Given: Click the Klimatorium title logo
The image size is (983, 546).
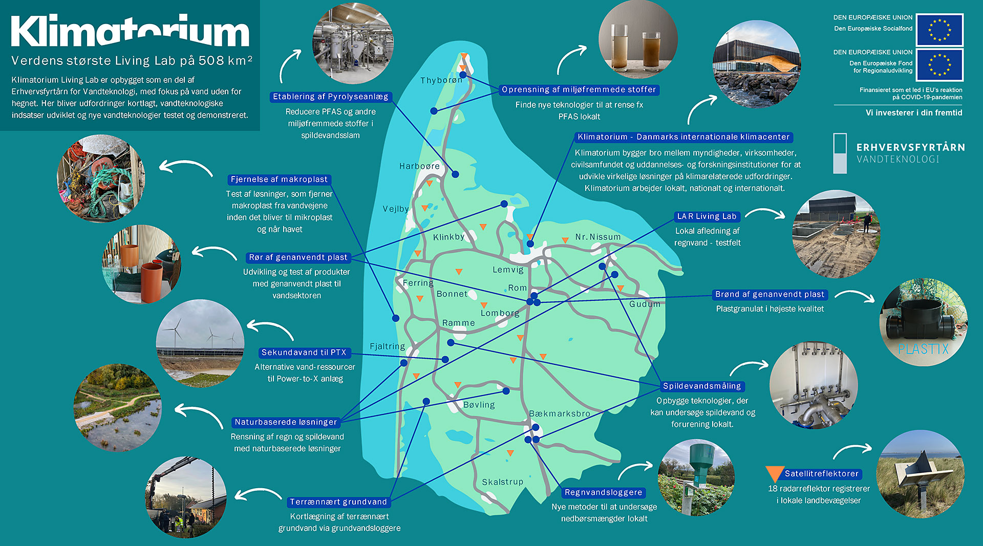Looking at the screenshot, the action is [x=130, y=31].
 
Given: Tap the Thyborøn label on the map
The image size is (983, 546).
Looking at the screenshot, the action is [x=441, y=80].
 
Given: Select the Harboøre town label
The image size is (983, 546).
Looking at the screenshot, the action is [x=419, y=166].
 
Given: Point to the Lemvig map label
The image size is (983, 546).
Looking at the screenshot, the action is [x=508, y=270].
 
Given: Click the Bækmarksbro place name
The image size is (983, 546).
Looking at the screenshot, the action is [x=560, y=413].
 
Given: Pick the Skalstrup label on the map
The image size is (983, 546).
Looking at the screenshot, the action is [x=502, y=482].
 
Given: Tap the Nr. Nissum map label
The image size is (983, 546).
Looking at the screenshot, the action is [x=597, y=237].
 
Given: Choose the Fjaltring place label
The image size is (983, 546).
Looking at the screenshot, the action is [x=387, y=346].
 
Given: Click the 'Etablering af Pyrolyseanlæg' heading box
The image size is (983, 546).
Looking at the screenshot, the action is [x=331, y=97].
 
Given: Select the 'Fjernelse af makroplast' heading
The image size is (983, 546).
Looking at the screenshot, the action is [x=279, y=180].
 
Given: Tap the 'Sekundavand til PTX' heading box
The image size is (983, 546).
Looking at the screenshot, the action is [x=304, y=353].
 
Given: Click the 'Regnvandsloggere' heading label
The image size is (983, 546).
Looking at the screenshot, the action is [x=603, y=493].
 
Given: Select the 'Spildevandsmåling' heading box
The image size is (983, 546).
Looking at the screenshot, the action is [x=702, y=386].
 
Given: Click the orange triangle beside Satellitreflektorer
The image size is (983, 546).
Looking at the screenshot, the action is [x=775, y=473].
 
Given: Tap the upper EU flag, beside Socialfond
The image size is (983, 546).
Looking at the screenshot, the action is [x=939, y=30].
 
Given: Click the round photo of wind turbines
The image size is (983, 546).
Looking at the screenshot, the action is [x=200, y=343].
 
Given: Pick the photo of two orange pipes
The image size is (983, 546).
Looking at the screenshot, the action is [x=142, y=265].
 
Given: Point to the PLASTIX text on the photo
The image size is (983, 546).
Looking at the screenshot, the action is [x=923, y=349].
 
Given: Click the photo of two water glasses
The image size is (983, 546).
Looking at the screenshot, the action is [x=638, y=40].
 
